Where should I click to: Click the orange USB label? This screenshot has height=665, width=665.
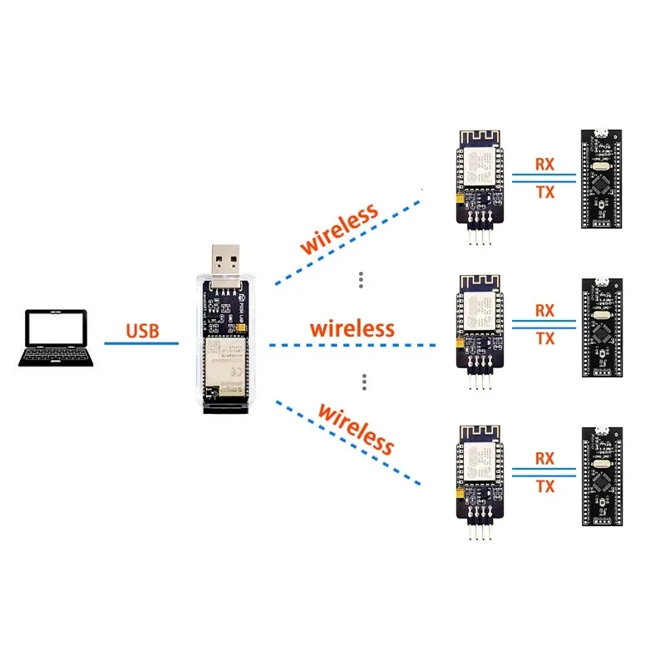click(142, 331)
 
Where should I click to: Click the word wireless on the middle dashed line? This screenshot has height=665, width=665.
click(352, 328)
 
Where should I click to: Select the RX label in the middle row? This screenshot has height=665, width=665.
click(544, 310)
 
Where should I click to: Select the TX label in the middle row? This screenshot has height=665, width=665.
click(544, 338)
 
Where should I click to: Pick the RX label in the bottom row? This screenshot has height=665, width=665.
click(544, 458)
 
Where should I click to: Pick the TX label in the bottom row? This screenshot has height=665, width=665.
click(544, 485)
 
